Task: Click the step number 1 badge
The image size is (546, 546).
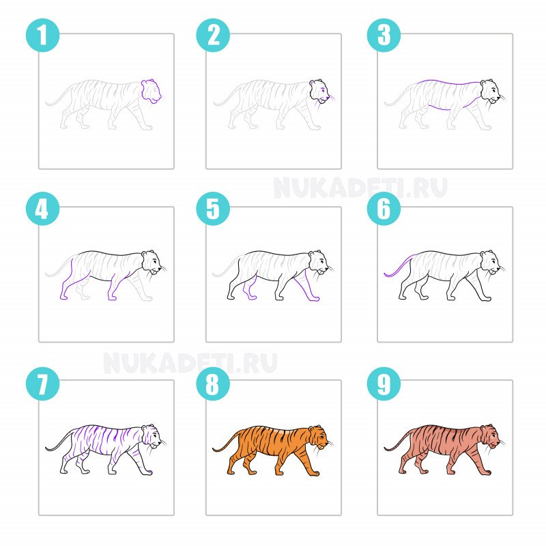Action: pyautogui.click(x=42, y=35)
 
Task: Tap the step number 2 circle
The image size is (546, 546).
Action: pyautogui.click(x=213, y=35)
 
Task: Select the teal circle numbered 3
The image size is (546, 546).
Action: pyautogui.click(x=384, y=35)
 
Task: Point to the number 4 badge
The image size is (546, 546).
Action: pyautogui.click(x=42, y=209)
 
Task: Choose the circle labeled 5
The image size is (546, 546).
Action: pyautogui.click(x=213, y=209)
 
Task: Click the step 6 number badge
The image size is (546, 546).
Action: pyautogui.click(x=384, y=209)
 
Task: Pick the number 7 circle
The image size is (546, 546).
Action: pyautogui.click(x=42, y=384)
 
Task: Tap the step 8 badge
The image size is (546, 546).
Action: pyautogui.click(x=213, y=384)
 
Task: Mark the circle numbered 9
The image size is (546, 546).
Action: pyautogui.click(x=384, y=384)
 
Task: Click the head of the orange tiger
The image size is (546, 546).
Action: pyautogui.click(x=319, y=437)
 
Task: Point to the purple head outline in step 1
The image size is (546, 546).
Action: pyautogui.click(x=151, y=91)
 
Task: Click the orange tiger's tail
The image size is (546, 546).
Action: pyautogui.click(x=226, y=441)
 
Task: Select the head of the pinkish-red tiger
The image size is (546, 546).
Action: pyautogui.click(x=490, y=437)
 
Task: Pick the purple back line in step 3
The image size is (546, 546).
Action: pyautogui.click(x=448, y=83)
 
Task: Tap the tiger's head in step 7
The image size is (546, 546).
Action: pyautogui.click(x=151, y=436)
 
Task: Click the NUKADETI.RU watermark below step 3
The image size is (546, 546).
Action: pyautogui.click(x=360, y=188)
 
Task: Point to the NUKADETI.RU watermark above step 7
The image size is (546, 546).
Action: pyautogui.click(x=190, y=363)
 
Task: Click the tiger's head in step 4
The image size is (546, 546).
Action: pyautogui.click(x=151, y=262)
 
